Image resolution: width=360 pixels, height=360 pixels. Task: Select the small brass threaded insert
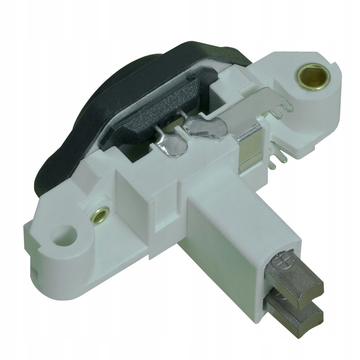(99, 213)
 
